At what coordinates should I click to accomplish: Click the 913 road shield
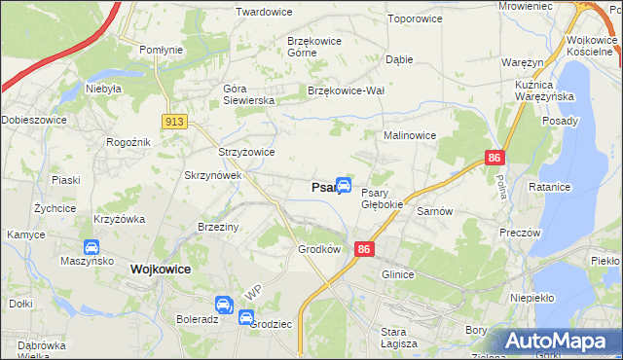click(175, 121)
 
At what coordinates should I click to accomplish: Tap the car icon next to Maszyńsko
click(92, 248)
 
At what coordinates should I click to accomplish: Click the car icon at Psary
click(344, 185)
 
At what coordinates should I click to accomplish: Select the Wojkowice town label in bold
click(160, 269)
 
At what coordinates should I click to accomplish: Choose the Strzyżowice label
click(245, 152)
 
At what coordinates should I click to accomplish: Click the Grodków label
click(319, 248)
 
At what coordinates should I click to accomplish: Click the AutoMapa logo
click(556, 342)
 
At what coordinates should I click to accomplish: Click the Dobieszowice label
click(34, 121)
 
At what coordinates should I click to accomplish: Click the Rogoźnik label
click(128, 142)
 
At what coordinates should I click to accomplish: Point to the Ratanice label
click(575, 186)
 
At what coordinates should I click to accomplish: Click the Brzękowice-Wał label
click(348, 90)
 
